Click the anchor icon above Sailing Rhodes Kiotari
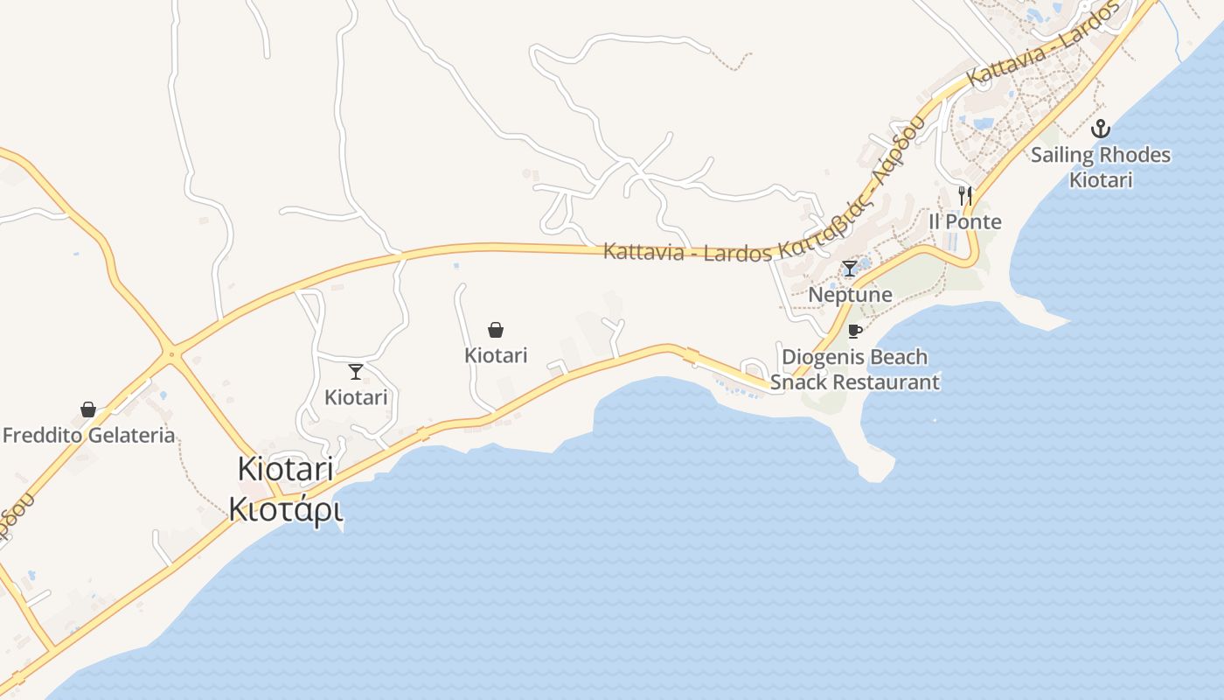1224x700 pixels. [x=1101, y=129]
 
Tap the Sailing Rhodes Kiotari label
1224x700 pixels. [x=1101, y=167]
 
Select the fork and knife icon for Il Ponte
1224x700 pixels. [x=965, y=196]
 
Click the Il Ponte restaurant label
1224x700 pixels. [x=965, y=221]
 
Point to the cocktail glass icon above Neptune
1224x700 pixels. [x=850, y=269]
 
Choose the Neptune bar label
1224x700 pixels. [x=850, y=294]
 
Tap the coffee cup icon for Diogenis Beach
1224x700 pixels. [x=855, y=331]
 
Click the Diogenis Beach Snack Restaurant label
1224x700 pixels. [x=854, y=369]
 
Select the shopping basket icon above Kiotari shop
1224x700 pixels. [x=496, y=330]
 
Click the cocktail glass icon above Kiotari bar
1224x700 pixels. [x=356, y=372]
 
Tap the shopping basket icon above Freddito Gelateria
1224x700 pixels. [x=88, y=409]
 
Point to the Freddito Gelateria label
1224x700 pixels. [x=89, y=435]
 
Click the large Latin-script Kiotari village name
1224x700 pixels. [x=286, y=469]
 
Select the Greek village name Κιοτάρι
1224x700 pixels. [x=286, y=508]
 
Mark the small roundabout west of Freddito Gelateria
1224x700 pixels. [x=171, y=354]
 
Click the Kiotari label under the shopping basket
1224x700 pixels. [x=496, y=355]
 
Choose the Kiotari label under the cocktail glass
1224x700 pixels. [x=356, y=397]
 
